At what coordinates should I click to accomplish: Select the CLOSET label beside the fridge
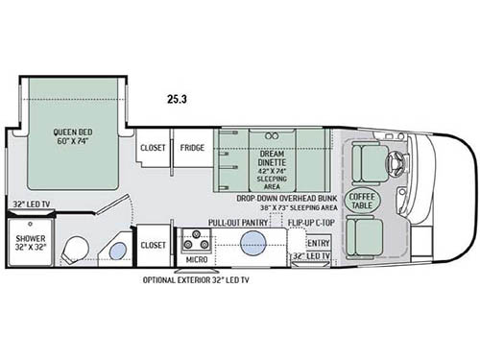coord(154,148)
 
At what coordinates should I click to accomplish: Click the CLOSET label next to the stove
coord(154,245)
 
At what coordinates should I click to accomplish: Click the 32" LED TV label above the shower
coord(32,204)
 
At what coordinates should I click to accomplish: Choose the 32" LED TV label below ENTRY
coord(311,257)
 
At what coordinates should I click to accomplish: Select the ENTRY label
coord(318,243)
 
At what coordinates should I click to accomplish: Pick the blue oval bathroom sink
coord(116,253)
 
